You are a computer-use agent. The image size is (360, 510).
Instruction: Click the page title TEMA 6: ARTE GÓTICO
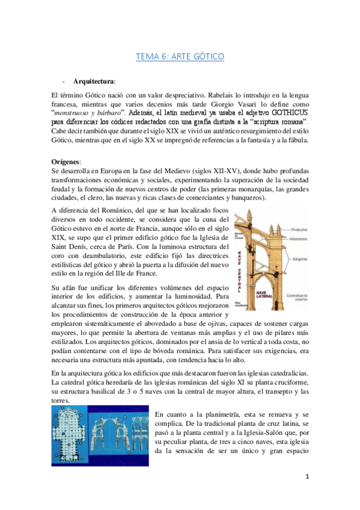pyautogui.click(x=180, y=57)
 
